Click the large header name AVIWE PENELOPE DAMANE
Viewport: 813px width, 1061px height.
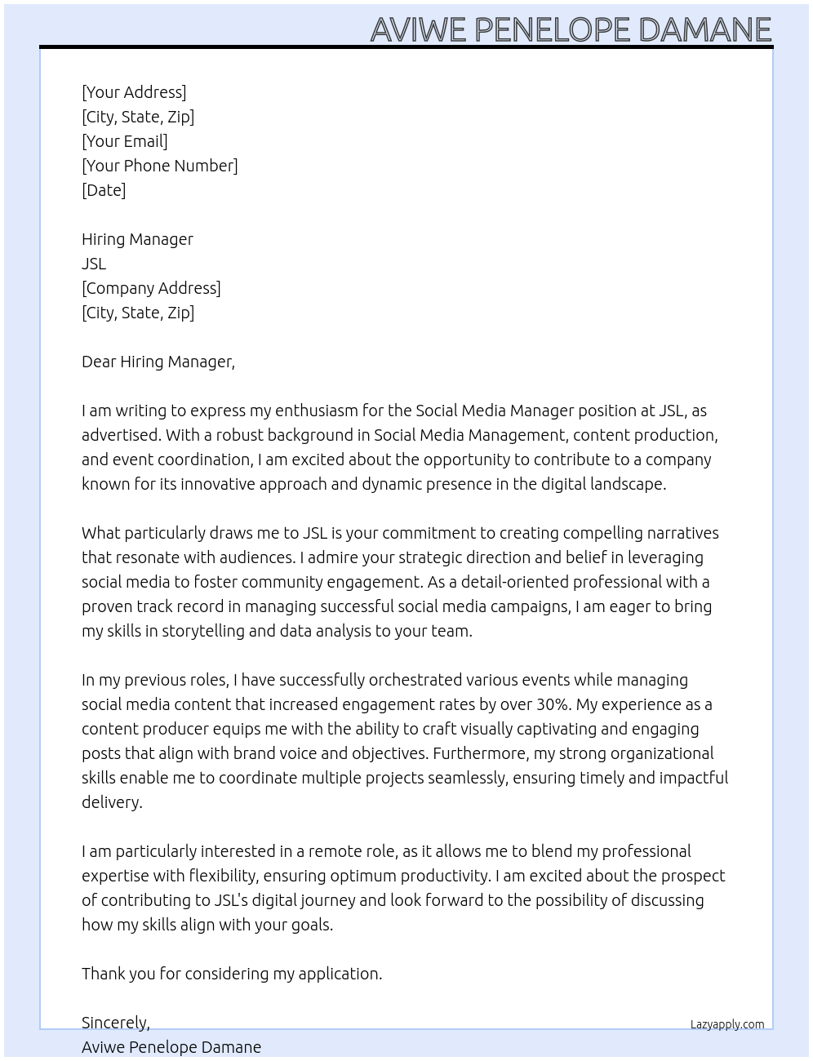571,29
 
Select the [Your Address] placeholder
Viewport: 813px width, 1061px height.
134,92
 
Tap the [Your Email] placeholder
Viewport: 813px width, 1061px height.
125,141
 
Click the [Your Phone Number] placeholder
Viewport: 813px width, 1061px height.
160,166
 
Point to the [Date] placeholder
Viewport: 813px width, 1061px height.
104,190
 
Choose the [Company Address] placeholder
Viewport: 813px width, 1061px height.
151,288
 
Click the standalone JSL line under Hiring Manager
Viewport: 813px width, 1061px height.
94,264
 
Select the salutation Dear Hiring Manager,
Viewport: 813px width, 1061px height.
158,362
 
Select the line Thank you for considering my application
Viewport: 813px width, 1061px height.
232,974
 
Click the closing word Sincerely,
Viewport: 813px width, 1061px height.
116,1023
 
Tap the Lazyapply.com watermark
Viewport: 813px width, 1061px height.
727,1024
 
